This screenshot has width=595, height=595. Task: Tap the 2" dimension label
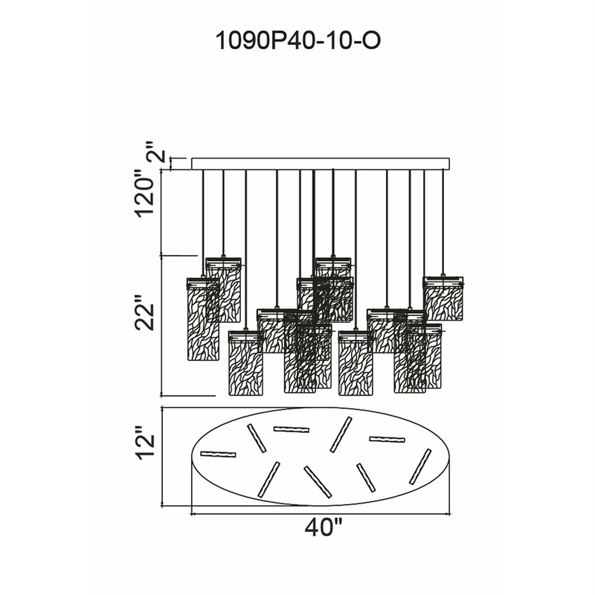tap(155, 156)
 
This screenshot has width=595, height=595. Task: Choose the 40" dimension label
tap(323, 530)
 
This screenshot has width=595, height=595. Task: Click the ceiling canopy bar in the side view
tap(321, 163)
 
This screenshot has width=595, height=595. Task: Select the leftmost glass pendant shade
tap(202, 319)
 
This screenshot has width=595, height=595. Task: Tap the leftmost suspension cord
tap(202, 223)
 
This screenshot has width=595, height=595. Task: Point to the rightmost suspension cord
tap(444, 223)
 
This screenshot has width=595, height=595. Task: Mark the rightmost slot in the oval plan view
tap(420, 466)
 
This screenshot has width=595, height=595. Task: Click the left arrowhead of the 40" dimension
tap(195, 513)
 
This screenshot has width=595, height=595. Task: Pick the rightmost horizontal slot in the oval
tap(387, 440)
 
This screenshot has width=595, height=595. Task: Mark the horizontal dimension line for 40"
tap(321, 513)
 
